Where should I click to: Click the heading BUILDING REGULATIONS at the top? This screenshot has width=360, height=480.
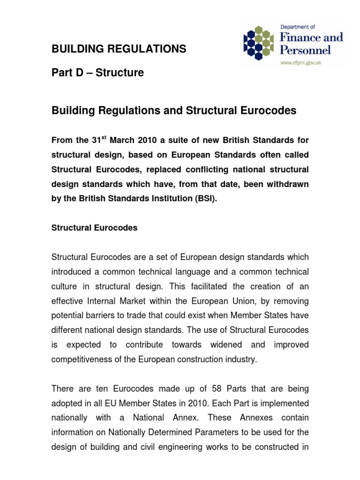[119, 49]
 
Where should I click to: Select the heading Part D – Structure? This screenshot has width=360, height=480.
[97, 73]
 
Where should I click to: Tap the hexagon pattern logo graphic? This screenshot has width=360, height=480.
[258, 43]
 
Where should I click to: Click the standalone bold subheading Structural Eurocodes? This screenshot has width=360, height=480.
[94, 228]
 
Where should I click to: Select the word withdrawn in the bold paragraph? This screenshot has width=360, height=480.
[286, 184]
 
